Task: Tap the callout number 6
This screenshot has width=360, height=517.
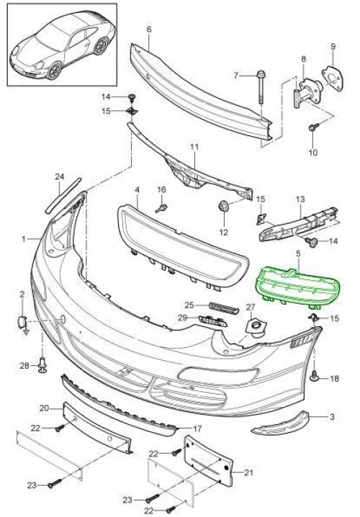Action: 149,30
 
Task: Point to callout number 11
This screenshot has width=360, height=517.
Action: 193,148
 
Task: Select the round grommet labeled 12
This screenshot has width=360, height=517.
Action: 222,208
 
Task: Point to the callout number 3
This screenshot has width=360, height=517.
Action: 333,417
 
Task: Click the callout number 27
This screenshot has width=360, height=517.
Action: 251,308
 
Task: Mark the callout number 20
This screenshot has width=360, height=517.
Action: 43,408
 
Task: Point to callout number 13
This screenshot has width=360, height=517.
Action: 302,199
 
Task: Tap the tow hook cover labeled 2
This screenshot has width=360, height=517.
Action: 23,322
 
